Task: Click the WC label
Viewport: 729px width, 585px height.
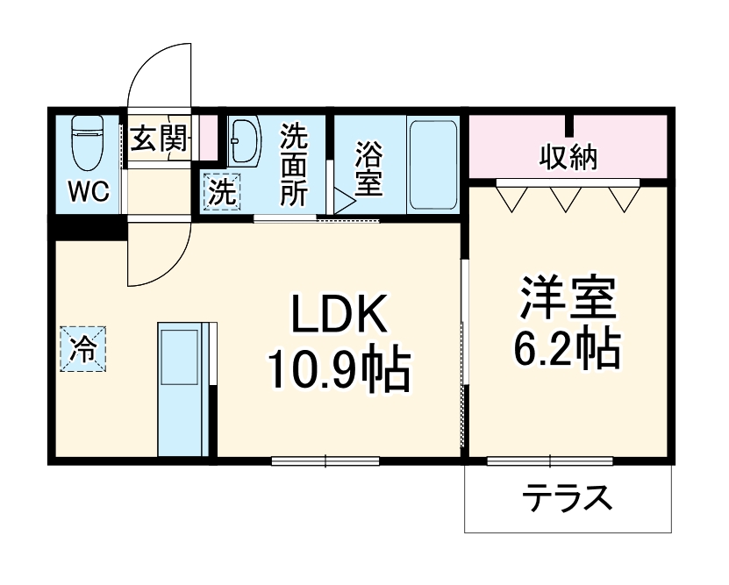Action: tap(89, 192)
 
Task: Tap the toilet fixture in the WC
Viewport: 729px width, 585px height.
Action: tap(86, 145)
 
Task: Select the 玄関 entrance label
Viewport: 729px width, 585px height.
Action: tap(159, 139)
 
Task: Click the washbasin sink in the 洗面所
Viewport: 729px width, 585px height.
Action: tap(244, 141)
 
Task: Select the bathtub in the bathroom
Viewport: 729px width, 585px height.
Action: tap(434, 163)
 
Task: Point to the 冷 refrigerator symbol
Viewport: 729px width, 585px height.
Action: tap(82, 346)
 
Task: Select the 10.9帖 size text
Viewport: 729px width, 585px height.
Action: tap(339, 370)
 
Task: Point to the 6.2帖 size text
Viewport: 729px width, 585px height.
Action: tap(568, 350)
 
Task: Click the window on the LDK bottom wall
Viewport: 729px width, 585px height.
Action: tap(325, 460)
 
